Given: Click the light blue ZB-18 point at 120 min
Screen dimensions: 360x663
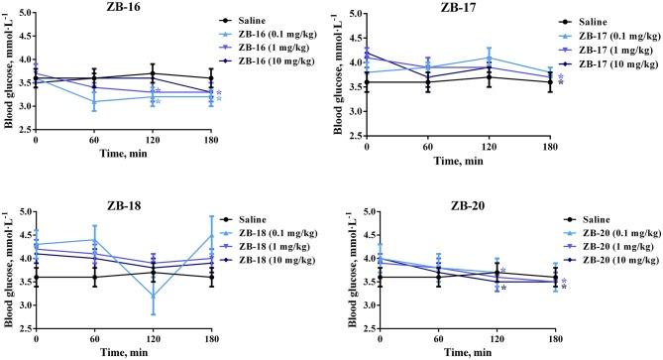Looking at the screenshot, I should (152, 296).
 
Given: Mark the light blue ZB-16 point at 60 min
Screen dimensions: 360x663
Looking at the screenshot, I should (94, 101).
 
